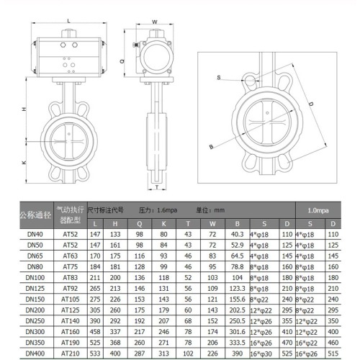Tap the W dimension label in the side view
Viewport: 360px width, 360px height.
156,22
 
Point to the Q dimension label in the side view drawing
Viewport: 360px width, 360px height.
124,61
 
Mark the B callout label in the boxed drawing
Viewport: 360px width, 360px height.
211,146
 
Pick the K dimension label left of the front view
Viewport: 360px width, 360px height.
24,163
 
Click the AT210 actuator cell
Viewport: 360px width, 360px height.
71,354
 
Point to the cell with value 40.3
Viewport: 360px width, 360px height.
237,235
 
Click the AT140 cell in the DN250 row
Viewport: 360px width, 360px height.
71,321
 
